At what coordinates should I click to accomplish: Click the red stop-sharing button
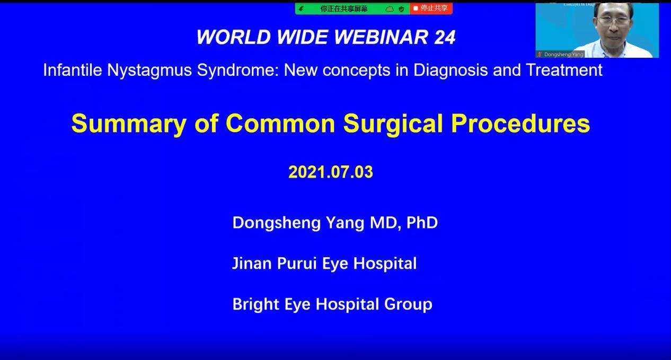pos(431,8)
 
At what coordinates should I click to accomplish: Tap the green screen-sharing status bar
pos(352,8)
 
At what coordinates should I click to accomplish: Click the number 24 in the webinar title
pos(445,37)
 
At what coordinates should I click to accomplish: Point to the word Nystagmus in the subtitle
pos(149,71)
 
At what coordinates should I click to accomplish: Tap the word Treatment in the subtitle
pos(564,70)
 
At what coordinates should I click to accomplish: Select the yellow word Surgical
pos(393,123)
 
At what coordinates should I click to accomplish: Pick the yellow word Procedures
pos(520,123)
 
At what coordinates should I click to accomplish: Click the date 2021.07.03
pos(331,172)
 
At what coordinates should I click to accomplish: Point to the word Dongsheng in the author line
pos(277,223)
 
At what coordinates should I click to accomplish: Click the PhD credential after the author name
pos(422,222)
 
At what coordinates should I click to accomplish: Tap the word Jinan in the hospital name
pos(252,264)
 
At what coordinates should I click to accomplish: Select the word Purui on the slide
pos(297,264)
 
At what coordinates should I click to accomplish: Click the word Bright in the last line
pos(255,304)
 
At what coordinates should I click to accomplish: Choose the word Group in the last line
pos(408,304)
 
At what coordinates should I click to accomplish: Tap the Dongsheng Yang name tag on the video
pos(560,54)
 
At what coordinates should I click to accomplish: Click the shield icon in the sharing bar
pos(401,9)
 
